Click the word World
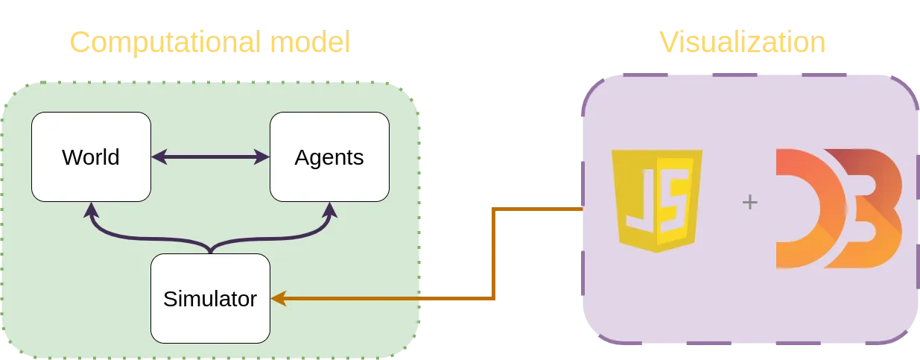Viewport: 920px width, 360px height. click(91, 157)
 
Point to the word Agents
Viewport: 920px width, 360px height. click(329, 157)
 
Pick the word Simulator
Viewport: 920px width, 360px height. click(210, 299)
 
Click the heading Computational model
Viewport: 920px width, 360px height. click(211, 42)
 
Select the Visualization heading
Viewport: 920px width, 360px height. click(743, 42)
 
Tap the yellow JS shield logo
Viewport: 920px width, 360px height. click(656, 200)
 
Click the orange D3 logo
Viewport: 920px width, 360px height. click(838, 209)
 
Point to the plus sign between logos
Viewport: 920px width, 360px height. click(750, 201)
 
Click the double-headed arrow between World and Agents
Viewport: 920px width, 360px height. click(210, 157)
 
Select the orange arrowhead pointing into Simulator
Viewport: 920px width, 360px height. click(278, 299)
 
